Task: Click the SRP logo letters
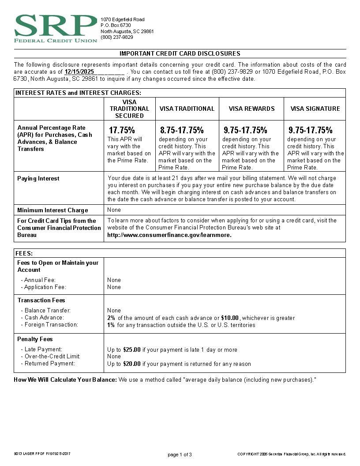click(x=56, y=26)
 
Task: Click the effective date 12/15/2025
click(x=79, y=71)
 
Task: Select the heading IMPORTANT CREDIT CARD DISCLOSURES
click(x=180, y=53)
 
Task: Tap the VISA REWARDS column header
click(x=251, y=109)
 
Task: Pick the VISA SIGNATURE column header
click(x=315, y=109)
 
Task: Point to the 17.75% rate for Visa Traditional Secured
click(x=122, y=130)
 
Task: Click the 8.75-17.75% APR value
click(x=182, y=130)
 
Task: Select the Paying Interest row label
click(x=38, y=178)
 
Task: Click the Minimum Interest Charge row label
click(x=52, y=210)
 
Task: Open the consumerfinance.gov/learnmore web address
click(x=169, y=235)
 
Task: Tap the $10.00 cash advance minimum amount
click(x=230, y=318)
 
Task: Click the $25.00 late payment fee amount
click(x=132, y=349)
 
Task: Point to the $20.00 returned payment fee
click(x=132, y=364)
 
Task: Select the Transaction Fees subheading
click(x=41, y=300)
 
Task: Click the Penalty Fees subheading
click(x=35, y=339)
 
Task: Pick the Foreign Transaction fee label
click(x=51, y=325)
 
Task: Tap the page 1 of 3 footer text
click(x=180, y=455)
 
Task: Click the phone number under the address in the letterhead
click(x=116, y=37)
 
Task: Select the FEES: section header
click(x=24, y=254)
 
